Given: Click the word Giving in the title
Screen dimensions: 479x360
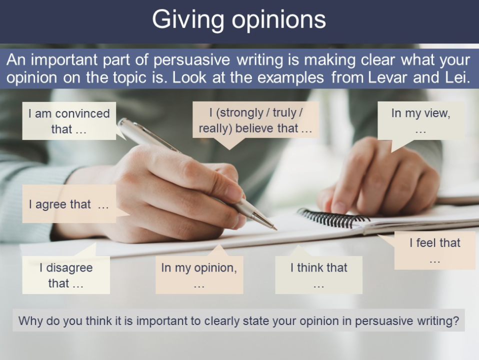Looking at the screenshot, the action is (188, 20).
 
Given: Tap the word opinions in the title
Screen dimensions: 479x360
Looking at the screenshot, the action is (278, 20).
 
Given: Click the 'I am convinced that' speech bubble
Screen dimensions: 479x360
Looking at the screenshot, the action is (69, 121).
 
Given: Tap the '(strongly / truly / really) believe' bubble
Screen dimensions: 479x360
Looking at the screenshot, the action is (255, 120).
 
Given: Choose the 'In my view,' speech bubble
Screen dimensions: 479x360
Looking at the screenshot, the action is (421, 120).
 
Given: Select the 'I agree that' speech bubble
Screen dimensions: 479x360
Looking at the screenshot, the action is (69, 204).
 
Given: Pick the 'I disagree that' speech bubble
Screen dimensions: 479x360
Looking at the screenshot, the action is (66, 275).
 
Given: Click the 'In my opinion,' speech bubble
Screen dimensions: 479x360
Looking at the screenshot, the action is (199, 275).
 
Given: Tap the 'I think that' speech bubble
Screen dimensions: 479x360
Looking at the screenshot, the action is (318, 275).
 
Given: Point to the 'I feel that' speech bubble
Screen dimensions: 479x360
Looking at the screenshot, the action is (435, 250).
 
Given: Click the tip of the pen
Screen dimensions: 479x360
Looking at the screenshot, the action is (276, 229).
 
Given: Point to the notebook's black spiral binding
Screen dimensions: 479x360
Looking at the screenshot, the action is (333, 218).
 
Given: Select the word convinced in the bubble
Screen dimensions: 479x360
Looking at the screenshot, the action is (82, 113).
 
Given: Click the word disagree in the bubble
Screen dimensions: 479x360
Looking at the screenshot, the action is (69, 267).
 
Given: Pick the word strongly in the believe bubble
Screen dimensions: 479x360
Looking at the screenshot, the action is (242, 113).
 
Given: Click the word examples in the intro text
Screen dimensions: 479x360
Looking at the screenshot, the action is (290, 78).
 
